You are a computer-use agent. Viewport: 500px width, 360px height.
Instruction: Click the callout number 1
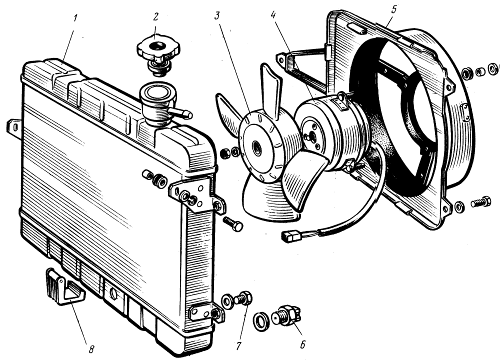75,18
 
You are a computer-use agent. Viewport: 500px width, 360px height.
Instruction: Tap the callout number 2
155,18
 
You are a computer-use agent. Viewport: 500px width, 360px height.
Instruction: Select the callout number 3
217,16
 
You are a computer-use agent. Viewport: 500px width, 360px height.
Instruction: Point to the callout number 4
273,16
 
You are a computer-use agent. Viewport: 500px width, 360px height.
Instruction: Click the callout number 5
394,9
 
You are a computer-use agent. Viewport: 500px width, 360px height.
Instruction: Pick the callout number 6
302,344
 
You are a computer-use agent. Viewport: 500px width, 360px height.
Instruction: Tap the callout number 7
239,346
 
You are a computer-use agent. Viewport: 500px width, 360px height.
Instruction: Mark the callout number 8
91,349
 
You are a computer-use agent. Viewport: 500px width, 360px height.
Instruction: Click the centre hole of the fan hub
258,146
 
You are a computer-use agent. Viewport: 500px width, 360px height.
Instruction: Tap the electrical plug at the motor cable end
292,237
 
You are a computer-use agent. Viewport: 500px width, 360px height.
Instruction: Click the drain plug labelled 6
286,316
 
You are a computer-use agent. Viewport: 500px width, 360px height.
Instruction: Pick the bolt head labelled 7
246,297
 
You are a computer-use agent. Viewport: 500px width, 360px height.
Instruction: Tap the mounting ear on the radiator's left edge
14,128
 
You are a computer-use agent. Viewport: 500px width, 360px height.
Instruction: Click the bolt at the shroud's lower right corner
481,202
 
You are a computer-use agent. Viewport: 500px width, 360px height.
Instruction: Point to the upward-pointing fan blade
272,89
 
